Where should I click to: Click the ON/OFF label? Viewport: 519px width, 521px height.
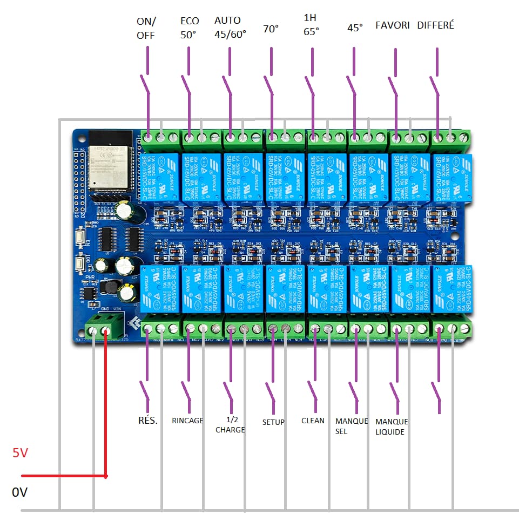[x=146, y=28]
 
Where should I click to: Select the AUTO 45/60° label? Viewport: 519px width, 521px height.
[x=230, y=27]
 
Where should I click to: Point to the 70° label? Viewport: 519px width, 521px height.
[x=271, y=29]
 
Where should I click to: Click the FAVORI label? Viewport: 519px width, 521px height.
[x=393, y=25]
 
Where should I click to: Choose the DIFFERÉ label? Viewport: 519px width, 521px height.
[x=436, y=25]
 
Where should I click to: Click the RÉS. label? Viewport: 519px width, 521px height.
[x=148, y=421]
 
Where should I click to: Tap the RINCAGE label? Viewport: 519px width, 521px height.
[x=187, y=421]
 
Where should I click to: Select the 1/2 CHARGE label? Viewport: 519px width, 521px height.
[x=230, y=425]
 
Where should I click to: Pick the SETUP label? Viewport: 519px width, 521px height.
[x=273, y=422]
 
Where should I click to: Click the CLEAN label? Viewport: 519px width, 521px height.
[x=313, y=421]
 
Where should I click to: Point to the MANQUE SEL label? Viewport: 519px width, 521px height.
[x=352, y=426]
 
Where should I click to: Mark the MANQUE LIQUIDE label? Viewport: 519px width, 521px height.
[x=392, y=427]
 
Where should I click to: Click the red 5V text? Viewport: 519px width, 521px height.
[x=20, y=454]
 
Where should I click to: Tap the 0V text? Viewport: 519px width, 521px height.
[x=19, y=492]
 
